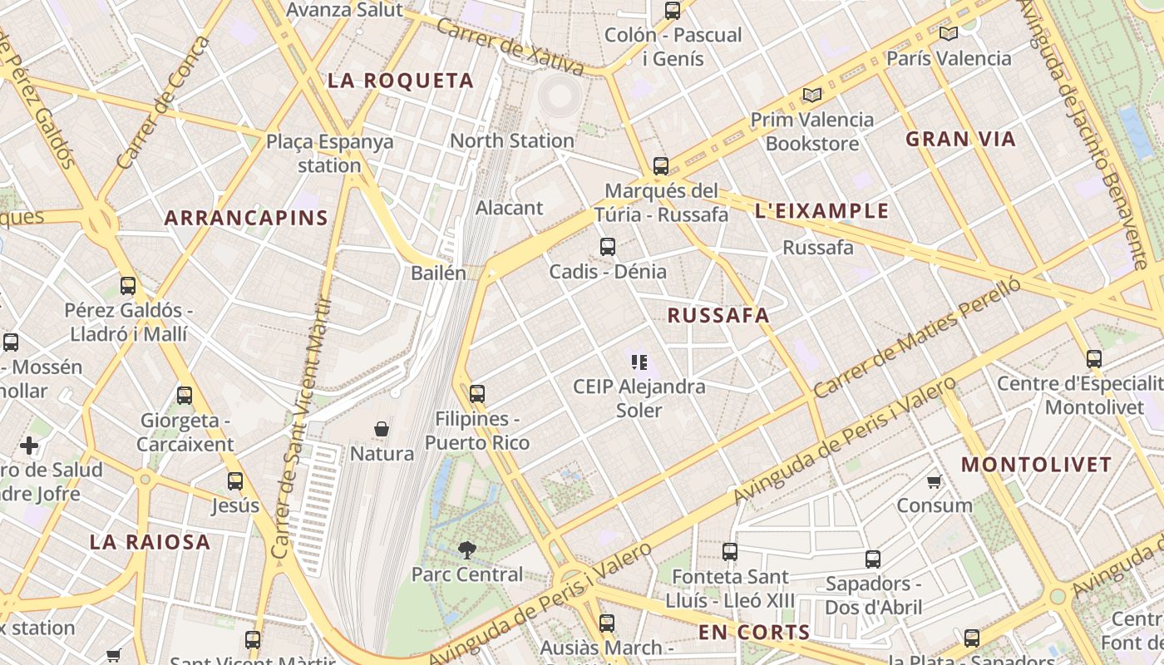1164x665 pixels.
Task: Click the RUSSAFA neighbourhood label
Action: pyautogui.click(x=718, y=316)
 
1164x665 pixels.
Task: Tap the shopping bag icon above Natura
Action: pyautogui.click(x=382, y=430)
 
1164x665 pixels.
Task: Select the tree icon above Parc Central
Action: pyautogui.click(x=467, y=549)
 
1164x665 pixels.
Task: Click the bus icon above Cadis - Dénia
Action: pyautogui.click(x=608, y=247)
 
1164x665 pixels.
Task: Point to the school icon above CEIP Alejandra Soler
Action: pyautogui.click(x=639, y=362)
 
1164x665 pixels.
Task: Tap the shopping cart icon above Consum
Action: pyautogui.click(x=935, y=481)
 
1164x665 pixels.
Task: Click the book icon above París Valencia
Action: pyautogui.click(x=948, y=34)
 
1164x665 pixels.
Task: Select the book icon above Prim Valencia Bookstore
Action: pyautogui.click(x=811, y=96)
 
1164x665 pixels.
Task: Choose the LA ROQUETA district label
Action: pyautogui.click(x=401, y=81)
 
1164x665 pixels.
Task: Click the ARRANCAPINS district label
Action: pyautogui.click(x=246, y=219)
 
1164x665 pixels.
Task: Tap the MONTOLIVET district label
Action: pyautogui.click(x=1036, y=465)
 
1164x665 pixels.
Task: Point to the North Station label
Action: pyautogui.click(x=512, y=140)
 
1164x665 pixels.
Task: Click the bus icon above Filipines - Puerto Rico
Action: pyautogui.click(x=477, y=394)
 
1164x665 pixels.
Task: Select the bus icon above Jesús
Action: pyautogui.click(x=235, y=481)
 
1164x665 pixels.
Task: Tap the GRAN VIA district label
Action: pyautogui.click(x=960, y=139)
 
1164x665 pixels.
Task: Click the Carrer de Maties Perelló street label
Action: pyautogui.click(x=916, y=337)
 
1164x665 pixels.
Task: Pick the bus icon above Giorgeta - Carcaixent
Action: pyautogui.click(x=185, y=396)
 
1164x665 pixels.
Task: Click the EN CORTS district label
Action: pyautogui.click(x=754, y=633)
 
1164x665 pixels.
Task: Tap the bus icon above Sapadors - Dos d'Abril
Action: pyautogui.click(x=873, y=559)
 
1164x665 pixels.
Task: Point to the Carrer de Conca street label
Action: pyautogui.click(x=165, y=102)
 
